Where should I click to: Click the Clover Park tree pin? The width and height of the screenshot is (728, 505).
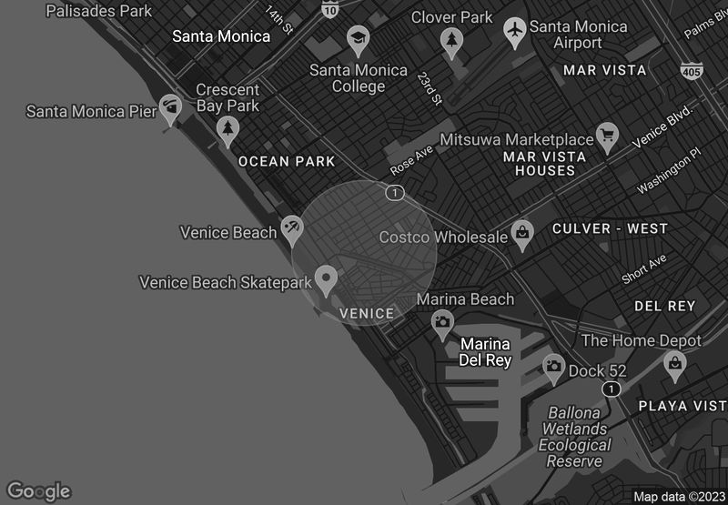(x=450, y=40)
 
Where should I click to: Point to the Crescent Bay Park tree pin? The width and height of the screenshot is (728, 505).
(x=227, y=131)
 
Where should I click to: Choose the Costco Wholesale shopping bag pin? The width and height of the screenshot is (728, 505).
(x=522, y=234)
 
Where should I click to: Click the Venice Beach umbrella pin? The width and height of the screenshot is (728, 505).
(x=291, y=228)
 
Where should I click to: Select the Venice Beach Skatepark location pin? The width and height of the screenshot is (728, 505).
(x=326, y=278)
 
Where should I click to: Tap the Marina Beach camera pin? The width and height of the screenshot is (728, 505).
(x=442, y=322)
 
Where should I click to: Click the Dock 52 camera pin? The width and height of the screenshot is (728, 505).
(x=553, y=367)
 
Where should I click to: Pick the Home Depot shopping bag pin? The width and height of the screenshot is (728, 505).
(x=675, y=365)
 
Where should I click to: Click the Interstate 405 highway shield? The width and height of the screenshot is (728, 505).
(x=691, y=70)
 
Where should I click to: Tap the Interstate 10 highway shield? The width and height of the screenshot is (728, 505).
(x=330, y=9)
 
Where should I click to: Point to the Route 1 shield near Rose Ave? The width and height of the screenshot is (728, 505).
(x=394, y=193)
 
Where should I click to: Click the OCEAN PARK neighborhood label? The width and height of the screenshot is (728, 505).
(x=287, y=161)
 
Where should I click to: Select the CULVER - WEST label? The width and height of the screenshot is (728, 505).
(x=610, y=228)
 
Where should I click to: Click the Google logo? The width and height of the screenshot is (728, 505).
(x=38, y=491)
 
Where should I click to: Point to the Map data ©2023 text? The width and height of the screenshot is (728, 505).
(x=679, y=496)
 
